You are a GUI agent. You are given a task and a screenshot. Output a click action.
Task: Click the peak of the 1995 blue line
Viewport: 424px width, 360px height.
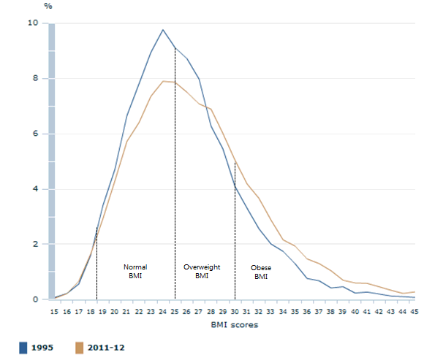coord(162,30)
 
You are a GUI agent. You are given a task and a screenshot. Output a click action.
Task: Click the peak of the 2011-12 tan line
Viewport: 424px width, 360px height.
coord(163,81)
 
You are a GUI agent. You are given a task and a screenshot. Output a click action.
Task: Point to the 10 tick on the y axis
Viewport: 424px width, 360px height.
coord(33,23)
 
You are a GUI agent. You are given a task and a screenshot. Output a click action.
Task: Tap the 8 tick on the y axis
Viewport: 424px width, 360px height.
coord(34,79)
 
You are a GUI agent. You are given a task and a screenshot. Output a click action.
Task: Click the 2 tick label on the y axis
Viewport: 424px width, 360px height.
coord(34,244)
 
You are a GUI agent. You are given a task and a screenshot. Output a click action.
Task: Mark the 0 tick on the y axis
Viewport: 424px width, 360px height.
coord(34,299)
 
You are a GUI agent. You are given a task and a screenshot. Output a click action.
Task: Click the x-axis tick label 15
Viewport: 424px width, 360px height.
coord(54,313)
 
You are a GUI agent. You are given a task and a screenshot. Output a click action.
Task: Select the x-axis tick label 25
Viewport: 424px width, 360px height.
coord(175,313)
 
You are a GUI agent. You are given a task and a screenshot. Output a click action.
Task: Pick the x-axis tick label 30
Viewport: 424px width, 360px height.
coord(235,313)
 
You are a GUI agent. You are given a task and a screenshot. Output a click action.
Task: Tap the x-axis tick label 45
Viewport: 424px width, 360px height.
coord(414,313)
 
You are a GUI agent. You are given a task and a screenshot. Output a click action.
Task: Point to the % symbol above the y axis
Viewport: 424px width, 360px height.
coord(48,6)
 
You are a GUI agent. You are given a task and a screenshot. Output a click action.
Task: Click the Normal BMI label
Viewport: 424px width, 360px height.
coord(135,272)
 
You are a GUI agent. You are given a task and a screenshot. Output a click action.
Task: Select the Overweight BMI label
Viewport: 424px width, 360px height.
coord(202,272)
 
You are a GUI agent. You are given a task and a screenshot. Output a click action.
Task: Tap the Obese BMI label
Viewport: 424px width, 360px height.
coord(261,272)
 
